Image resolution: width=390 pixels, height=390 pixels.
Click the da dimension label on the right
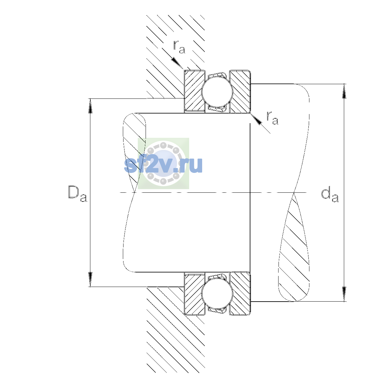(330, 196)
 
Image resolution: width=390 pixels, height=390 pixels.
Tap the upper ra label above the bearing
(179, 47)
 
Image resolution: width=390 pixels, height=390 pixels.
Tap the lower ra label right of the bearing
(272, 118)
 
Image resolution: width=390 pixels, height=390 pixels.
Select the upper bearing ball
(217, 91)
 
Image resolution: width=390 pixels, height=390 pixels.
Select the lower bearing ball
(217, 293)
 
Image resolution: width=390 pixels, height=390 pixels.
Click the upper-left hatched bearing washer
(194, 91)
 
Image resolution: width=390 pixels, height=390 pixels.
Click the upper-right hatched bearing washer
(240, 91)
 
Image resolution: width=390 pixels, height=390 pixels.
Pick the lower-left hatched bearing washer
(194, 294)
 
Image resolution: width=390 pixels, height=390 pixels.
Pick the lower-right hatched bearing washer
(240, 294)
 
